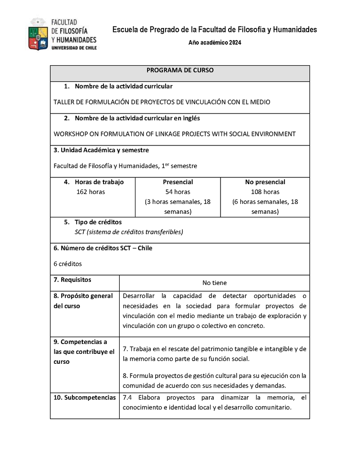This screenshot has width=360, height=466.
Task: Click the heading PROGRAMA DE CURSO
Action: click(x=180, y=70)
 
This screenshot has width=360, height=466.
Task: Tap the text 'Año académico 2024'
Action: click(x=215, y=43)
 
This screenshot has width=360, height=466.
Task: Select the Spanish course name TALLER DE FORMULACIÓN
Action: click(x=162, y=102)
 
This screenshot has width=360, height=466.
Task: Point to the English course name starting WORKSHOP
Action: click(x=175, y=134)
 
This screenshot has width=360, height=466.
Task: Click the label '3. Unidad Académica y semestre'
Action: click(x=101, y=150)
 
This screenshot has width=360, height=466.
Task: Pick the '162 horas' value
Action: click(x=91, y=192)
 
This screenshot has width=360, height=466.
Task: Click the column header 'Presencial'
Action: click(x=178, y=182)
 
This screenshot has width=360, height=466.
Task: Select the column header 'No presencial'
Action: click(x=265, y=182)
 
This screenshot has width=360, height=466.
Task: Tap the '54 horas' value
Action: click(x=178, y=192)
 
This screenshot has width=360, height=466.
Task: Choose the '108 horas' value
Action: click(x=265, y=192)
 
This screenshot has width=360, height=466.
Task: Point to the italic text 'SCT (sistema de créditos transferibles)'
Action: click(x=129, y=232)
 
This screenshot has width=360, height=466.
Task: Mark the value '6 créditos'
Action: click(x=67, y=264)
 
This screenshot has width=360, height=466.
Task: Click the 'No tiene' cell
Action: click(x=214, y=283)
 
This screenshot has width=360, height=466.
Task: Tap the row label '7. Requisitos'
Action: click(x=72, y=280)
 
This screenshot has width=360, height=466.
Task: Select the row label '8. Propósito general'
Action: click(x=83, y=296)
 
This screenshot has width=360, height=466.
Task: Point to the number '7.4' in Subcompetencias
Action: click(x=127, y=398)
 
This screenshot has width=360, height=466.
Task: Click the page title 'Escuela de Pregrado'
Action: click(x=214, y=30)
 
